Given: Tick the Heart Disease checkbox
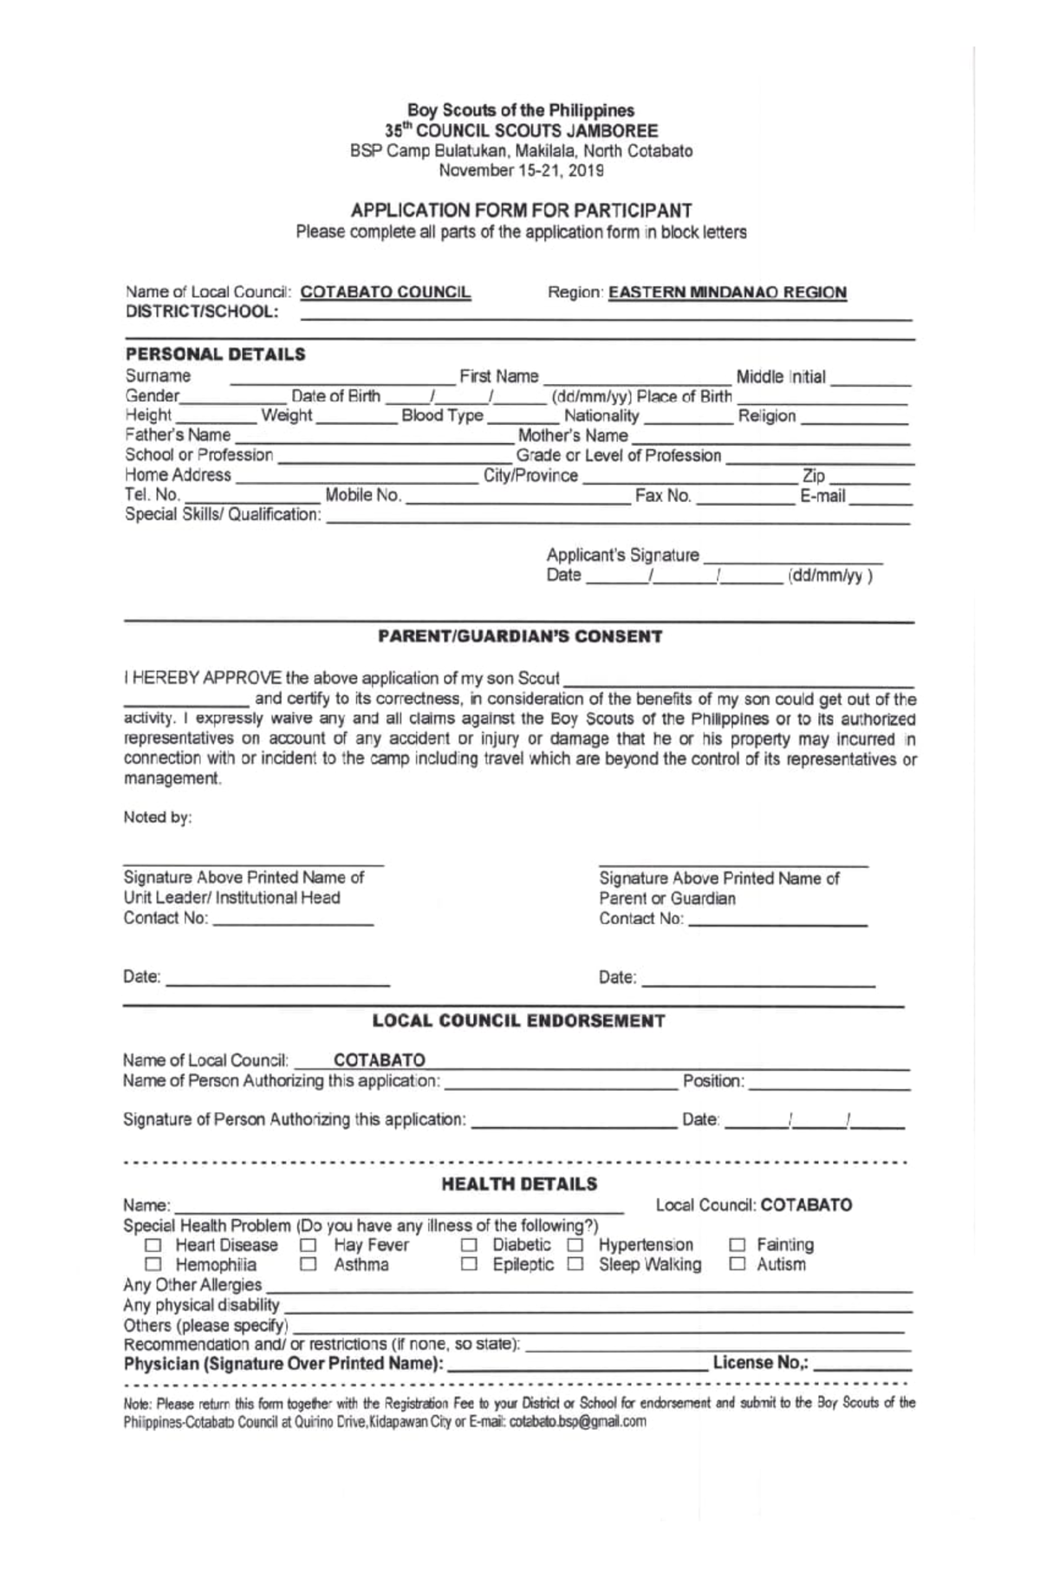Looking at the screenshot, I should [153, 1246].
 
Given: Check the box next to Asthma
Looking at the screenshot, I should [309, 1265].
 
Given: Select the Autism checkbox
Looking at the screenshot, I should [738, 1265].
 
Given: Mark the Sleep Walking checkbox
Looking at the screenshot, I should [575, 1265].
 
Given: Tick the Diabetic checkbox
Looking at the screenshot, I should [469, 1246].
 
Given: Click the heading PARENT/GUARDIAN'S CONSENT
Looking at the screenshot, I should [520, 636].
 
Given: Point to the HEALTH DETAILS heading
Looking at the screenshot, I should [519, 1184].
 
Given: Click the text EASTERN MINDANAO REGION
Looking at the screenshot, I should [727, 293].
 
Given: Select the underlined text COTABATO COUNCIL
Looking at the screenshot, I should [386, 292].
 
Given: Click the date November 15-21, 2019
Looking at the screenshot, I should [521, 171].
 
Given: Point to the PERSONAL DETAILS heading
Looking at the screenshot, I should [216, 354].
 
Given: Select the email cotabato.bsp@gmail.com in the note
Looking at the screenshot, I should [578, 1422].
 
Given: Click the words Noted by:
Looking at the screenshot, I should [157, 818].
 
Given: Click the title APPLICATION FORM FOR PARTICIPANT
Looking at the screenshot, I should [521, 211].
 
